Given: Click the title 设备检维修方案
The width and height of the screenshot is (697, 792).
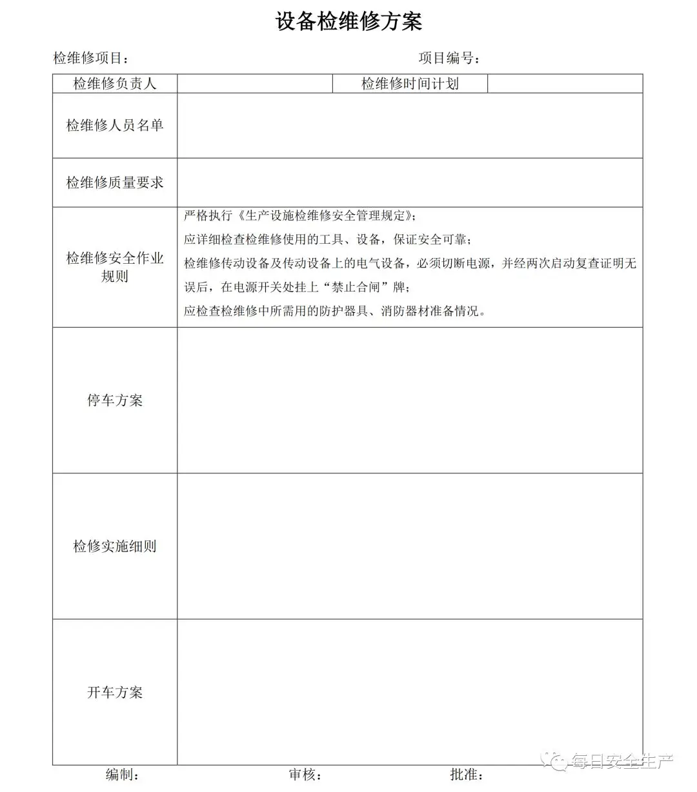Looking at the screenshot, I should (348, 22).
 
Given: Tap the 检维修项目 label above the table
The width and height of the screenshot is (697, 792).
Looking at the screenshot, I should (90, 58).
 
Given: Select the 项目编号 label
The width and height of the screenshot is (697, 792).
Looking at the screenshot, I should (449, 58).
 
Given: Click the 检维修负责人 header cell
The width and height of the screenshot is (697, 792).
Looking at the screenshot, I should (115, 84).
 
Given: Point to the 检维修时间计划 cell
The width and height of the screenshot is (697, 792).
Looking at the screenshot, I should (410, 84).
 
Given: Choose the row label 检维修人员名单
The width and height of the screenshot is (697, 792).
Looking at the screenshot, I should (115, 125).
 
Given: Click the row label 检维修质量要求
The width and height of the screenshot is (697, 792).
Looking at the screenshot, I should (115, 183).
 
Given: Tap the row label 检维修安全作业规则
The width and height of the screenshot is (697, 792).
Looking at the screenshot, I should (115, 267).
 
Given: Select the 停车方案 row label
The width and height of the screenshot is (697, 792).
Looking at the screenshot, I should (115, 401).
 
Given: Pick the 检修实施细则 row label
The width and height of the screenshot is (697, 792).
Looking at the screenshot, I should (115, 546).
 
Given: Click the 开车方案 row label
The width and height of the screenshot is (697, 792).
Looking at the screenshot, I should (115, 693).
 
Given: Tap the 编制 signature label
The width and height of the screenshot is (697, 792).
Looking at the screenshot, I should (122, 775).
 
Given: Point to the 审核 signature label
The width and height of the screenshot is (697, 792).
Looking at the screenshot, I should (305, 775).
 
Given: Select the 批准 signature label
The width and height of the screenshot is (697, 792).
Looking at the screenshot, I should (467, 775).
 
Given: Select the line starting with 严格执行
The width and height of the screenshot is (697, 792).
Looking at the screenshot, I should (300, 215).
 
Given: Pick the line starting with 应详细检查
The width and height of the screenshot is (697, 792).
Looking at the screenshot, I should (328, 239).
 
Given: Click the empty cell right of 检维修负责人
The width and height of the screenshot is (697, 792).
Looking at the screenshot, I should (255, 84).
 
